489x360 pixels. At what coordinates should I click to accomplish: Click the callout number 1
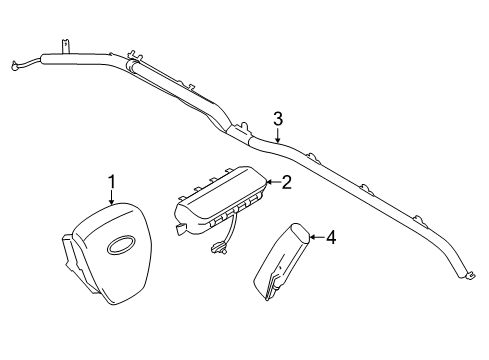(x=112, y=180)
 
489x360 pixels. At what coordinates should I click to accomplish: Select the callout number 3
(x=279, y=118)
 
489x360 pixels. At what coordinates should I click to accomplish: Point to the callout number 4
(x=331, y=237)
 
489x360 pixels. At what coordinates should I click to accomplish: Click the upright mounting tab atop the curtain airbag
(x=63, y=45)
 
